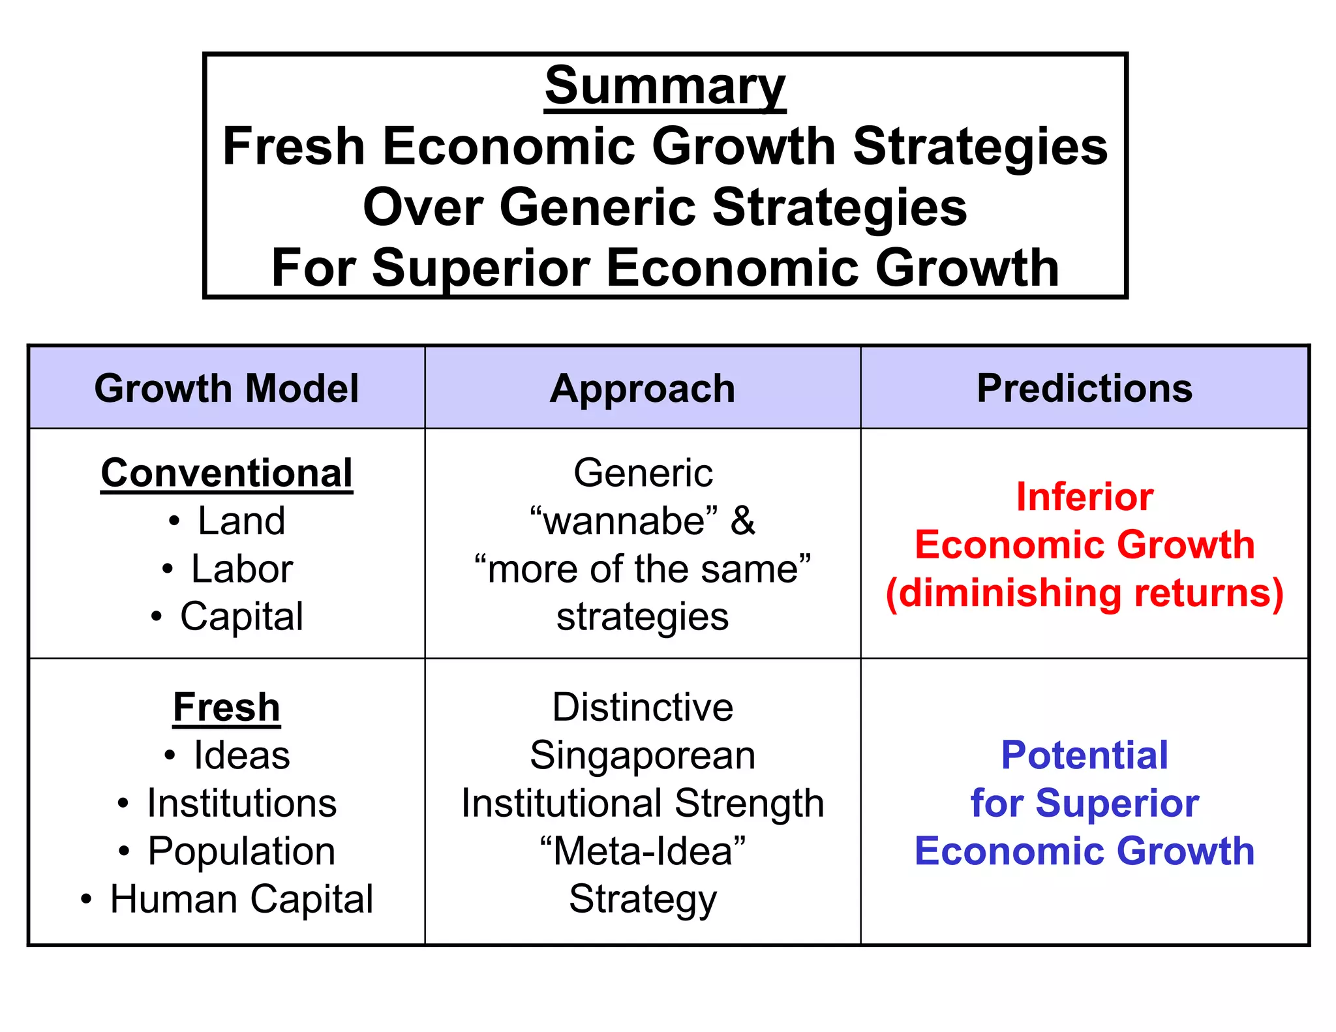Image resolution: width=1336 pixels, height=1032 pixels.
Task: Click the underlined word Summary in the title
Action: click(665, 86)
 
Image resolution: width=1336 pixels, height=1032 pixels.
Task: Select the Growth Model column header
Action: click(226, 389)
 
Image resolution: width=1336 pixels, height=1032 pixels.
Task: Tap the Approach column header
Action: click(643, 389)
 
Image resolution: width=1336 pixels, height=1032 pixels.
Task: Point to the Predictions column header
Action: click(1084, 389)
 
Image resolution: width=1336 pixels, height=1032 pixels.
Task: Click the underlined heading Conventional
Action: click(226, 473)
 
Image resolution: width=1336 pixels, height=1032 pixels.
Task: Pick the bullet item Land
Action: click(241, 521)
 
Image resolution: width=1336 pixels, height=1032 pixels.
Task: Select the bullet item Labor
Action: click(241, 569)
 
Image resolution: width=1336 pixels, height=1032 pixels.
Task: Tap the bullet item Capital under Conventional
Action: click(241, 616)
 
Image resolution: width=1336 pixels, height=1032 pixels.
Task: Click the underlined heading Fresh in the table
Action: click(226, 708)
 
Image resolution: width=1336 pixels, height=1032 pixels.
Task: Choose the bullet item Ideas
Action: click(241, 756)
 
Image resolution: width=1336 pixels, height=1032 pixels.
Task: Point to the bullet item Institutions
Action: click(241, 803)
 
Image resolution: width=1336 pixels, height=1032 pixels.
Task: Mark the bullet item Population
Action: click(241, 851)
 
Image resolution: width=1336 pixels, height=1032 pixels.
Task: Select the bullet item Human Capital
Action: click(241, 899)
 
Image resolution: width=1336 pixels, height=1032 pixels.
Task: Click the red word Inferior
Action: click(1084, 497)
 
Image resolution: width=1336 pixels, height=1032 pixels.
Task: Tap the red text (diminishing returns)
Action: click(1084, 593)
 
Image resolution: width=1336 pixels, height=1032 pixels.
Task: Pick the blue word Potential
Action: click(1084, 755)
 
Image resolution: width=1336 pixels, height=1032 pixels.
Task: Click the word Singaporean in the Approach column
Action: click(643, 756)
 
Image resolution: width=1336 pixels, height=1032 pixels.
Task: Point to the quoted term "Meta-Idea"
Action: click(643, 851)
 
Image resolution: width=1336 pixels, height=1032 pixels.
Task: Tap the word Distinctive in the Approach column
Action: click(643, 708)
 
